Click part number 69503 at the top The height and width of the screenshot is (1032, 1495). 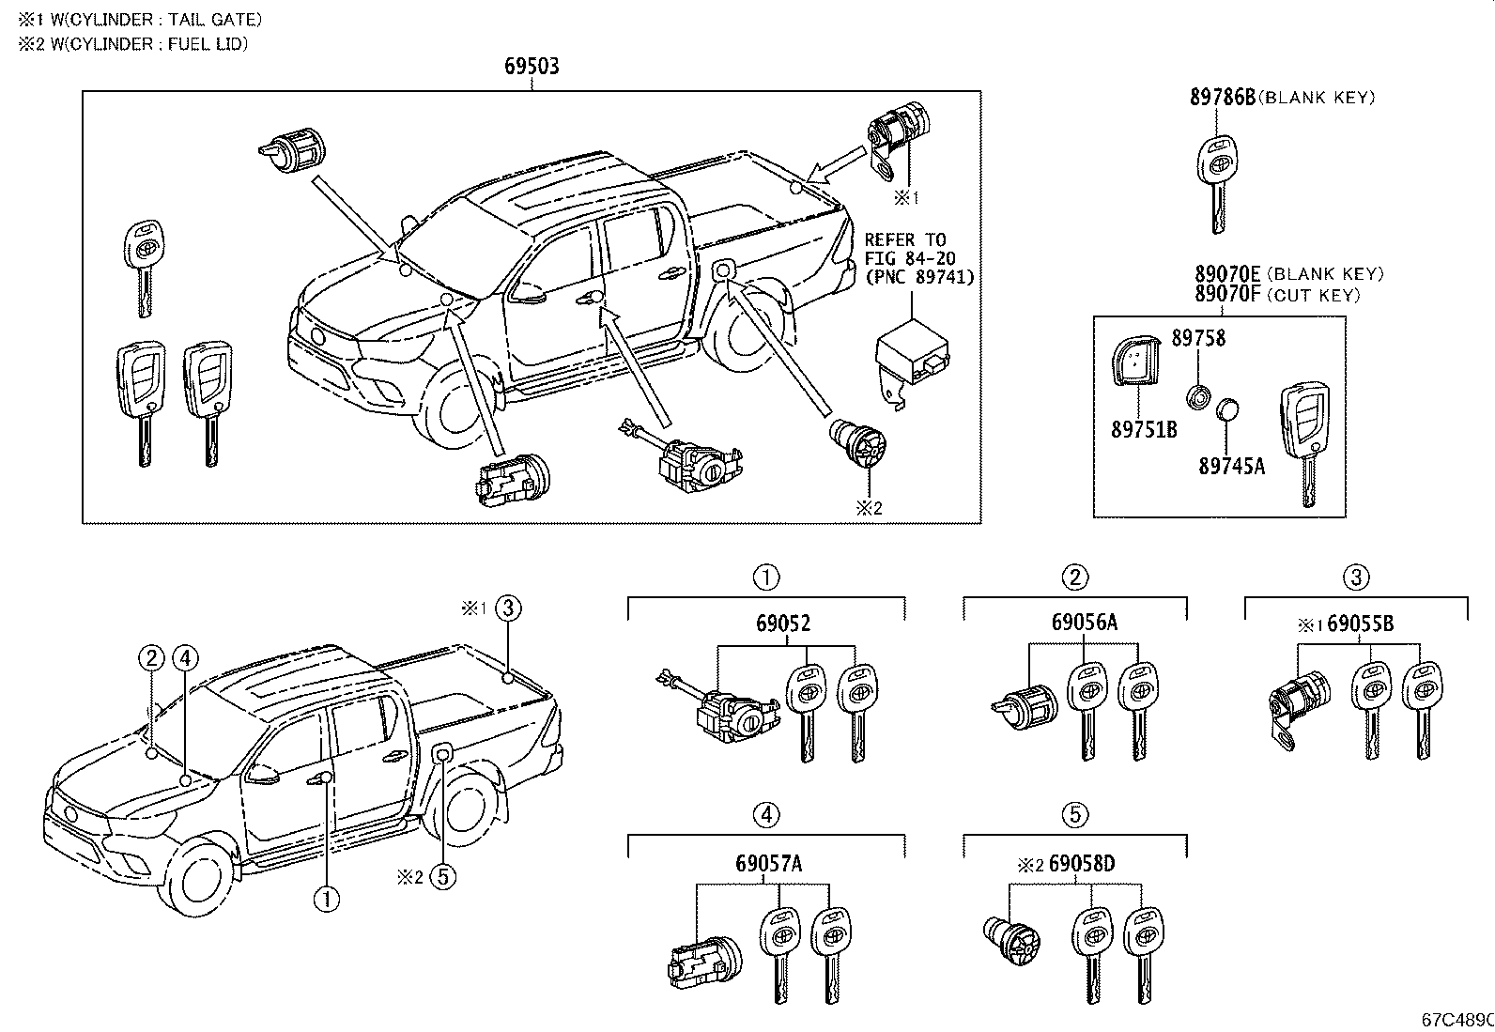point(532,67)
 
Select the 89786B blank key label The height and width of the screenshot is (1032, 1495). point(1223,97)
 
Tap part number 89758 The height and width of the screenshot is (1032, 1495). point(1197,338)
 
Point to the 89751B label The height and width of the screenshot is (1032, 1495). point(1144,430)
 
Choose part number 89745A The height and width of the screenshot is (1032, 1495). point(1231,465)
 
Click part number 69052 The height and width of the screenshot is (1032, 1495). point(783,623)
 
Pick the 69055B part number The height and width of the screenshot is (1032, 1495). point(1360,624)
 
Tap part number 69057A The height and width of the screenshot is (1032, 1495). point(769,864)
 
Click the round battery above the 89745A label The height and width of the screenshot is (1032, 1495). point(1227,410)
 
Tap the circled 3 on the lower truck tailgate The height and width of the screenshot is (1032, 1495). point(507,608)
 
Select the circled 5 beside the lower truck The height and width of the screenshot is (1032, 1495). point(443,877)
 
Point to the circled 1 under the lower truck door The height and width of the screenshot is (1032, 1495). point(327,900)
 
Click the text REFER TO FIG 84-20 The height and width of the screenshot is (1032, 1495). point(908,249)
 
